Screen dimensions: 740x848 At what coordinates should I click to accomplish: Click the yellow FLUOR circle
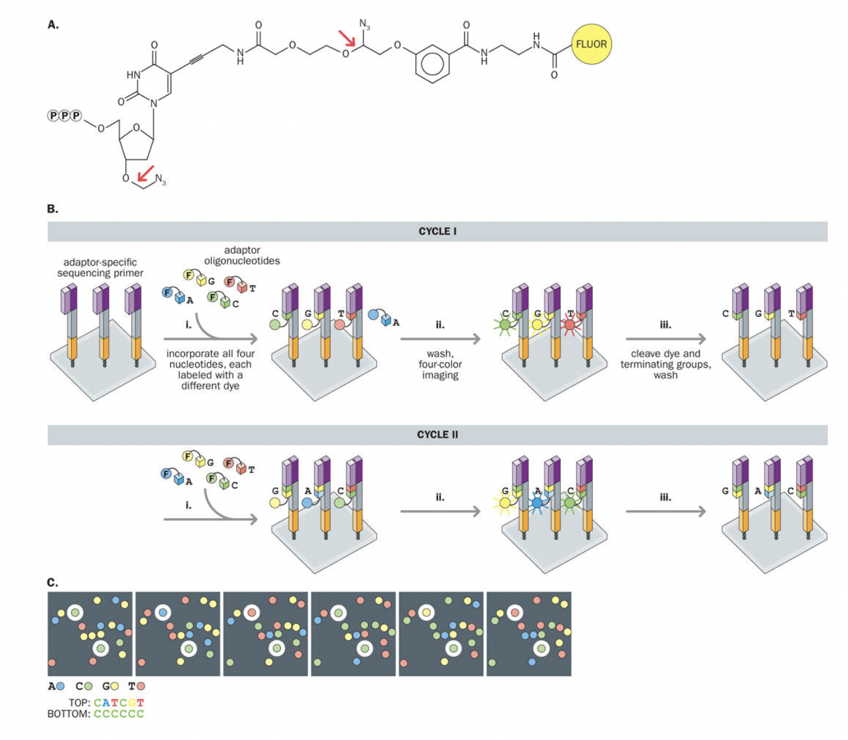click(x=591, y=44)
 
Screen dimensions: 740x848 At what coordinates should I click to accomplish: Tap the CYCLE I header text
click(x=437, y=231)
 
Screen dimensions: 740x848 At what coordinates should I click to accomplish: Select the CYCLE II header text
click(x=437, y=435)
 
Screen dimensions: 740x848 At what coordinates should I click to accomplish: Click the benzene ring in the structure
click(x=433, y=63)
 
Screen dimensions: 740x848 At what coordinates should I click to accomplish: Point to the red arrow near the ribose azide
click(x=146, y=173)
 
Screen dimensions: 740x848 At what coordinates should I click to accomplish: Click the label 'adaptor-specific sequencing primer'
click(x=100, y=267)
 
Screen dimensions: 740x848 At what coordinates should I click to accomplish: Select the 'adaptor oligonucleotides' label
click(x=242, y=255)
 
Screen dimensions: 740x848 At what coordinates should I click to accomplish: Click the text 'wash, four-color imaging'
click(x=440, y=364)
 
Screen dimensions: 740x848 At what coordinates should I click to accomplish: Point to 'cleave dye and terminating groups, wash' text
click(x=665, y=364)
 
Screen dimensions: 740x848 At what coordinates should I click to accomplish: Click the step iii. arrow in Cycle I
click(x=665, y=340)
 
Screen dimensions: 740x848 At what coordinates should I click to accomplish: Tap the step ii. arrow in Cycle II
click(x=440, y=511)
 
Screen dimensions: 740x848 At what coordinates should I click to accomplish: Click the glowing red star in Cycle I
click(x=569, y=325)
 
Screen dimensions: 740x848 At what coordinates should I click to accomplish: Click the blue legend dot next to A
click(x=61, y=686)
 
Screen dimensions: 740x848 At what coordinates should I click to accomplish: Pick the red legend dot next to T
click(x=140, y=686)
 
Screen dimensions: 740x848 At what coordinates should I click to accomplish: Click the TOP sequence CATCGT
click(x=119, y=703)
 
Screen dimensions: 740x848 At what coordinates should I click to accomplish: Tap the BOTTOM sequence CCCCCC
click(x=119, y=714)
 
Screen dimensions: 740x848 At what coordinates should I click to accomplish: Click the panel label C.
click(x=53, y=582)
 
